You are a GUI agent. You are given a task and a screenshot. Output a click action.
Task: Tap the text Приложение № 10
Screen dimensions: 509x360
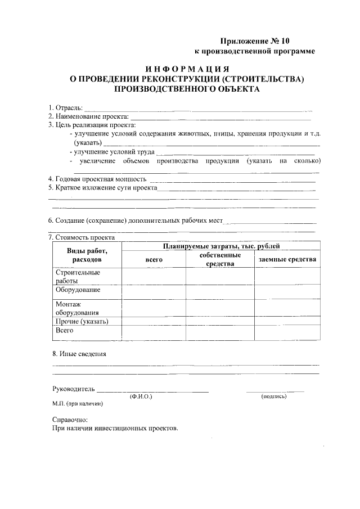coord(255,40)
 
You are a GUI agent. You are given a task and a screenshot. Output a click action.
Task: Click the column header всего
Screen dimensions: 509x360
coord(154,259)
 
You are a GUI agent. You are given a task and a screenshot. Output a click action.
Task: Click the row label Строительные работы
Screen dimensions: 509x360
coord(78,276)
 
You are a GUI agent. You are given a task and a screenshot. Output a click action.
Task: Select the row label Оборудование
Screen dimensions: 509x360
coord(78,290)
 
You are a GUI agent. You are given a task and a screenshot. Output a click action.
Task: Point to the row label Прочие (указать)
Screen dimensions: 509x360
coord(81,321)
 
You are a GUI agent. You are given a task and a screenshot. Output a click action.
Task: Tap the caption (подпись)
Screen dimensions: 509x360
coord(274,397)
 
